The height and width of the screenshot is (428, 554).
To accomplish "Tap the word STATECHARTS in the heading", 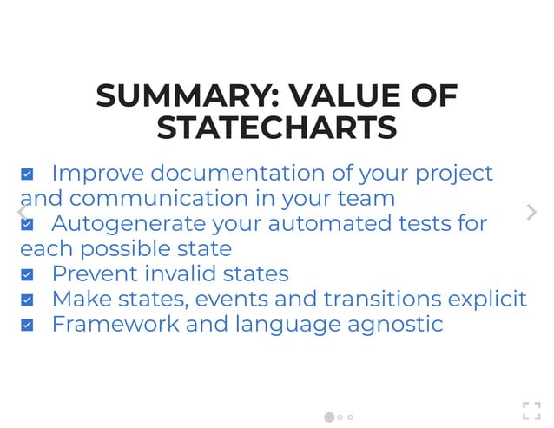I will pos(277,128).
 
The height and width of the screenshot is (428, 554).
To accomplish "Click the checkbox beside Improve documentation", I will pos(27,174).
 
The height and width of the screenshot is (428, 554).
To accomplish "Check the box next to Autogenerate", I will pos(27,225).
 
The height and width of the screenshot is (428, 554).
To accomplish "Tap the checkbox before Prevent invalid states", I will pos(27,275).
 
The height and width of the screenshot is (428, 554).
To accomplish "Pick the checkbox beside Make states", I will pos(27,300).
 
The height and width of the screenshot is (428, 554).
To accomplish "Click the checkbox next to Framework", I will pos(27,326).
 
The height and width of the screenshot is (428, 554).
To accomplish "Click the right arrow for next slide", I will pos(531,212).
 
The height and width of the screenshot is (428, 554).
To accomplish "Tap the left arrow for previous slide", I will pos(22,212).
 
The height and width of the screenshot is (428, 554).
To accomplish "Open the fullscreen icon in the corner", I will pos(531,411).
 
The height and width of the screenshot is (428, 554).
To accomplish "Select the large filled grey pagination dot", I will pos(329,418).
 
